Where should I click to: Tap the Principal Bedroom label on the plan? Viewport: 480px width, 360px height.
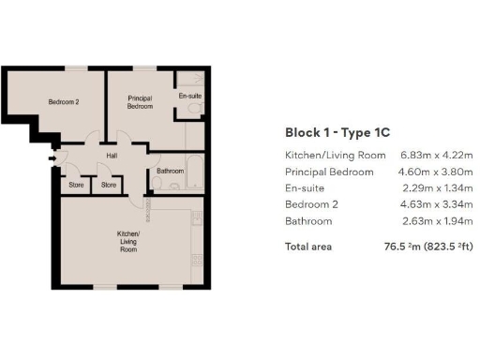tap(140, 103)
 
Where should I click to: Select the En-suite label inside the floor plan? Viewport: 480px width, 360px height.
tap(189, 97)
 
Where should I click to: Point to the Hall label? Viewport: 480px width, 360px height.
tap(111, 156)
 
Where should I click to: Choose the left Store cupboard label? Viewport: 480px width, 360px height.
tap(75, 185)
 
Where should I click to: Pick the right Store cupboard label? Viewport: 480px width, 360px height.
tap(108, 185)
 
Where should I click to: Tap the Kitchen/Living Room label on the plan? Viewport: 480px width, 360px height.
tap(127, 242)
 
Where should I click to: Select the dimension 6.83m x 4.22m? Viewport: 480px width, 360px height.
tap(432, 156)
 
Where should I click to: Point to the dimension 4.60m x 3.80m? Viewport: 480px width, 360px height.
tap(432, 172)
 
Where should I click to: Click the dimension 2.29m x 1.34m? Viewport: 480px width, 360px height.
tap(432, 188)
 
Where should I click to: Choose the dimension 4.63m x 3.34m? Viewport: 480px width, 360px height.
tap(432, 204)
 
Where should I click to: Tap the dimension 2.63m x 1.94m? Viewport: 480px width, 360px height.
tap(432, 221)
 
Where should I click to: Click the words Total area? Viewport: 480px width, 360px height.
tap(308, 247)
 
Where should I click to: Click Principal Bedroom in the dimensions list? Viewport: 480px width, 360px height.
tap(328, 172)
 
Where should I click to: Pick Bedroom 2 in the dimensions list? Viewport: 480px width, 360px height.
tap(308, 204)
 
